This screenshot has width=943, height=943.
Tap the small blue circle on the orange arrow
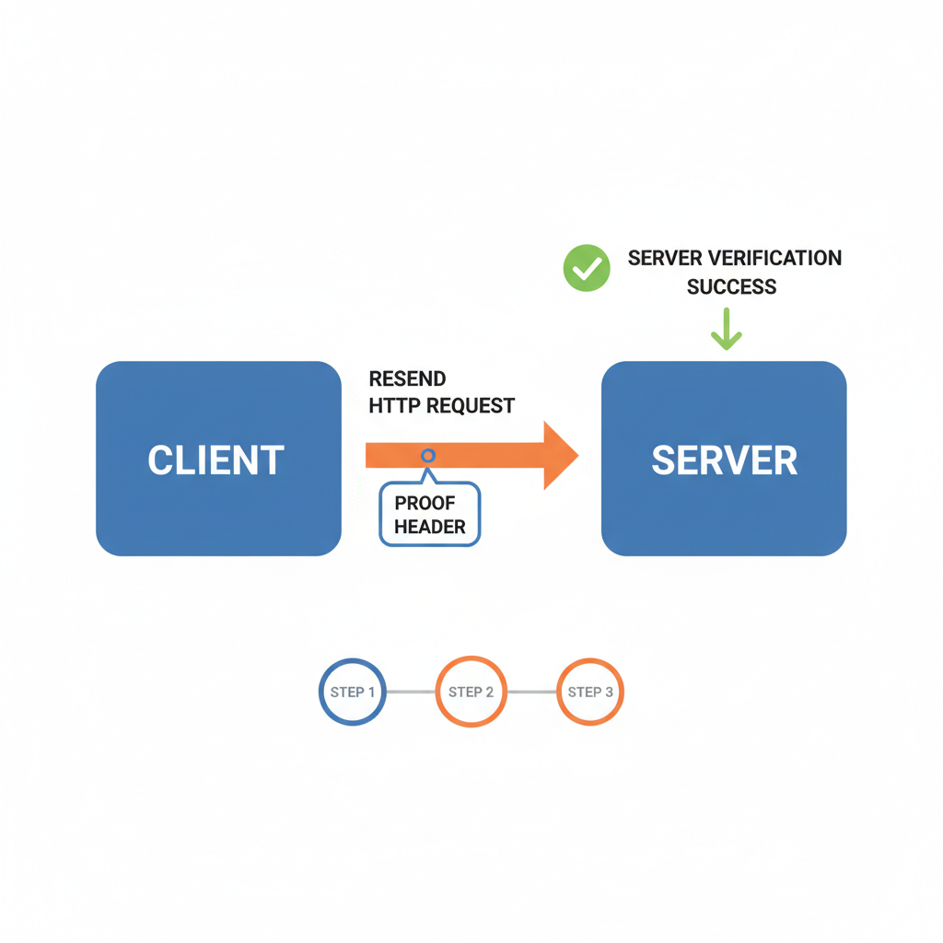pyautogui.click(x=428, y=456)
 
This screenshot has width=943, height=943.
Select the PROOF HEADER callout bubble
pyautogui.click(x=430, y=516)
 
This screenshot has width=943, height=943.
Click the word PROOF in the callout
pyautogui.click(x=425, y=504)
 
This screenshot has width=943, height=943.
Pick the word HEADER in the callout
pyautogui.click(x=430, y=528)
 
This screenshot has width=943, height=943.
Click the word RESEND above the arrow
pyautogui.click(x=407, y=378)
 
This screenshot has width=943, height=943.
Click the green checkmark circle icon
pyautogui.click(x=587, y=268)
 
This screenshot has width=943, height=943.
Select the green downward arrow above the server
pyautogui.click(x=726, y=330)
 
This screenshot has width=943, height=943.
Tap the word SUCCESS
pyautogui.click(x=731, y=286)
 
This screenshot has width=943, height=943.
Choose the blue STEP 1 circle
pyautogui.click(x=353, y=692)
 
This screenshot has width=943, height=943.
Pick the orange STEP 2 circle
pyautogui.click(x=471, y=692)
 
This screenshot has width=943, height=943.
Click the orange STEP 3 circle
pyautogui.click(x=590, y=692)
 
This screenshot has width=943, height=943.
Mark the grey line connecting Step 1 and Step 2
pyautogui.click(x=411, y=692)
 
